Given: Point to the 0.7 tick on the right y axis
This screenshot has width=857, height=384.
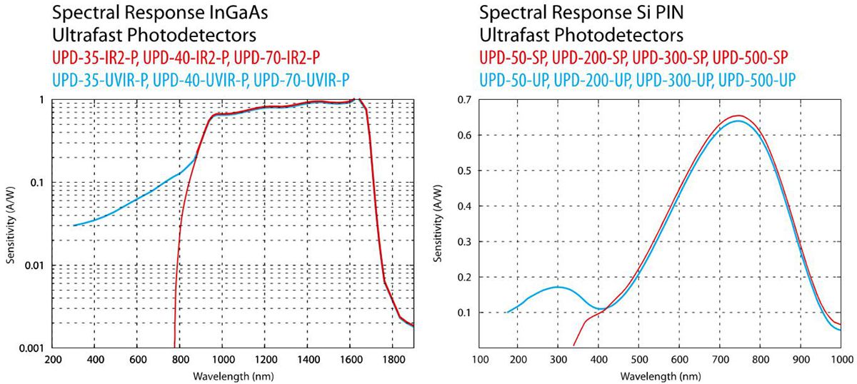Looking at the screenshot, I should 466,99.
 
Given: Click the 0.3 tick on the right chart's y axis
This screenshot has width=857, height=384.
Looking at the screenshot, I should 466,241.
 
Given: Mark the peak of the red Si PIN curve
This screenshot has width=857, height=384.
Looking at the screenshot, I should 739,116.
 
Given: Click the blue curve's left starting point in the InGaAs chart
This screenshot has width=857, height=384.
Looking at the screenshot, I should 74,226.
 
